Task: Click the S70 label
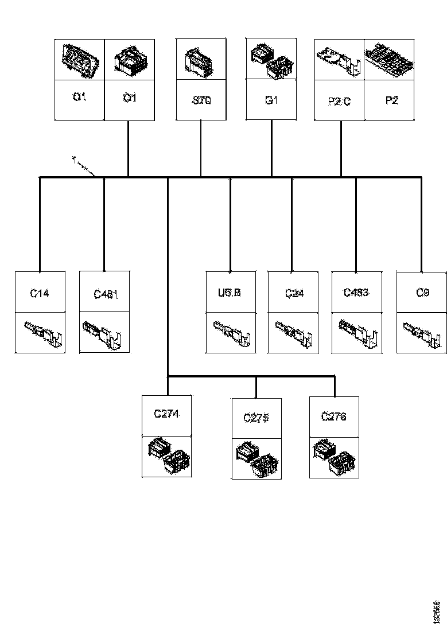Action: click(201, 101)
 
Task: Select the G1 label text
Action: click(271, 100)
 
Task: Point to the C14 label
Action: click(40, 293)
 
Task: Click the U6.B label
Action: click(230, 293)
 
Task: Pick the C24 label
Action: click(294, 293)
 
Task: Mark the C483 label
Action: click(356, 293)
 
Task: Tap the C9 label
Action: click(423, 293)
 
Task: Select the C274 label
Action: click(166, 414)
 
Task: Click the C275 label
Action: click(256, 418)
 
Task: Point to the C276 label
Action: click(333, 417)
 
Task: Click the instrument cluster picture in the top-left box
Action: click(80, 59)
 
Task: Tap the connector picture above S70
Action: click(200, 59)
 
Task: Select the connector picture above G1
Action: click(271, 59)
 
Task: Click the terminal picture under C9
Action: click(422, 333)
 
